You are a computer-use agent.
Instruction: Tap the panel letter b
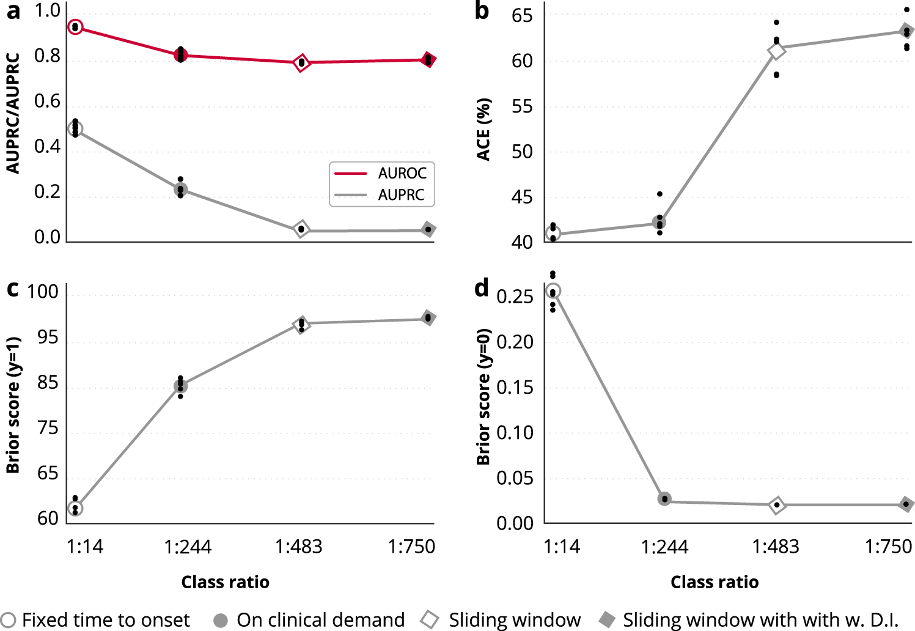click(482, 11)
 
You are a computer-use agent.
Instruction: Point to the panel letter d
click(482, 287)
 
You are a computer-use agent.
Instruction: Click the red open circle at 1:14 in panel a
click(75, 27)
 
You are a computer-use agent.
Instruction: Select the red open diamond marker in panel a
click(301, 62)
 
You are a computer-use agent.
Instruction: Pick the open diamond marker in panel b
click(776, 51)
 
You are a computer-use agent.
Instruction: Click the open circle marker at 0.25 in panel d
click(553, 291)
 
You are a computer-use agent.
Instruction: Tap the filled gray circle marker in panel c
click(180, 386)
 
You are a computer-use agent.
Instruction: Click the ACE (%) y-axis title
click(483, 129)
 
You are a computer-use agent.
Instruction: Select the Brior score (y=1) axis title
click(13, 405)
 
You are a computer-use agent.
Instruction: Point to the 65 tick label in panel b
click(522, 15)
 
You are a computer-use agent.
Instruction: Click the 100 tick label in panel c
click(43, 292)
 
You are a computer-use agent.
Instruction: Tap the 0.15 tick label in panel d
click(515, 387)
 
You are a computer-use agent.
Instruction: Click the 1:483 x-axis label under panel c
click(298, 546)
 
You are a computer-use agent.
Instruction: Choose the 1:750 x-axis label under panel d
click(888, 546)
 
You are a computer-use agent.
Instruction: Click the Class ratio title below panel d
click(714, 582)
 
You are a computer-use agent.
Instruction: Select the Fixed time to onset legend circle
click(9, 620)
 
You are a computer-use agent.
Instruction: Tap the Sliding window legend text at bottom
click(515, 620)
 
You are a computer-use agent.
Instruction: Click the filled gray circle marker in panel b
click(659, 223)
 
